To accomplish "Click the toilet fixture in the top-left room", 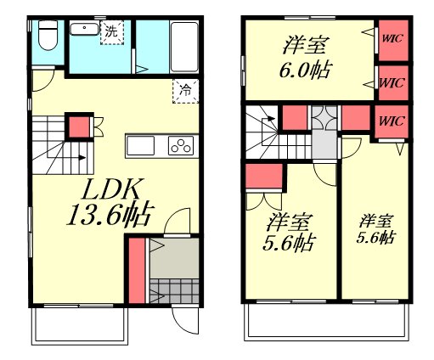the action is pos(48,35).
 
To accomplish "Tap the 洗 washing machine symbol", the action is pos(112,32).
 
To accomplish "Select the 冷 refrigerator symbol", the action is pos(185,91).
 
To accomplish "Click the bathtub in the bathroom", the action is pos(184,47).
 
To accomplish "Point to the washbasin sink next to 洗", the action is pos(84,29).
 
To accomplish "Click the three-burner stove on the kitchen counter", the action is pos(181,145).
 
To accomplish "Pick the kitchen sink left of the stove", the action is pos(140,145).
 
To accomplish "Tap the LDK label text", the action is pos(110,189).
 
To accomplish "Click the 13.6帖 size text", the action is pos(110,215).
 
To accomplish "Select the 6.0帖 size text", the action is pos(306,70).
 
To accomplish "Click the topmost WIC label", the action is pos(392,38).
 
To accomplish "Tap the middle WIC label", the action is pos(392,83).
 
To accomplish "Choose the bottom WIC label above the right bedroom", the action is pos(392,121).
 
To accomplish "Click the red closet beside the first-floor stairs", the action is pos(79,127).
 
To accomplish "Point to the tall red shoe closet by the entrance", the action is pos(137,271).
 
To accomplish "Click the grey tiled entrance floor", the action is pos(174,290).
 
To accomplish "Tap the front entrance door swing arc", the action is pos(183,325).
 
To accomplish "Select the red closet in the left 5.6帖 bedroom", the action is pos(264,176).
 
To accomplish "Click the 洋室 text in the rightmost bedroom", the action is pos(376,222).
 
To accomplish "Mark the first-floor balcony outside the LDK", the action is pos(80,326).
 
